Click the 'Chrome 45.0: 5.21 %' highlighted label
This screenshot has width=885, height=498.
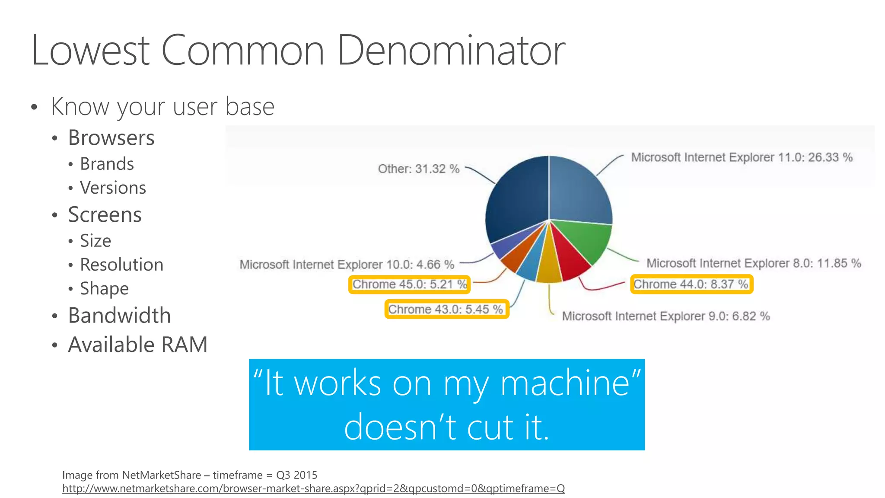click(x=409, y=284)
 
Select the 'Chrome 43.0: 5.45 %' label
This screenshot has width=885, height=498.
click(x=446, y=310)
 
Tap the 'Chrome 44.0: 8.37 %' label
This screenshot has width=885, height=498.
click(x=691, y=284)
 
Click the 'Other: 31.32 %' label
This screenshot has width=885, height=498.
click(x=418, y=169)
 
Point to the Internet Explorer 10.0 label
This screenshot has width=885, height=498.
click(x=347, y=264)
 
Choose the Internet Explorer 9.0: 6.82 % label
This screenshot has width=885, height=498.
click(x=665, y=316)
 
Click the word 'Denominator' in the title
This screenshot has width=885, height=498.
click(x=451, y=51)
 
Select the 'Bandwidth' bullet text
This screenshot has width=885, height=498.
click(x=119, y=316)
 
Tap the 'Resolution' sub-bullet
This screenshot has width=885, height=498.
click(x=121, y=265)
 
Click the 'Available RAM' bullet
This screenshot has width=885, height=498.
click(x=137, y=345)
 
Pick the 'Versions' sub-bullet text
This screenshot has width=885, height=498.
click(x=113, y=188)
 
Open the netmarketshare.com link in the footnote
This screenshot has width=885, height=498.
click(x=313, y=488)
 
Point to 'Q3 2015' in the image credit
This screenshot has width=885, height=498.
click(x=296, y=475)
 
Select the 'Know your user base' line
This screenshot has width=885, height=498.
click(x=162, y=107)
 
